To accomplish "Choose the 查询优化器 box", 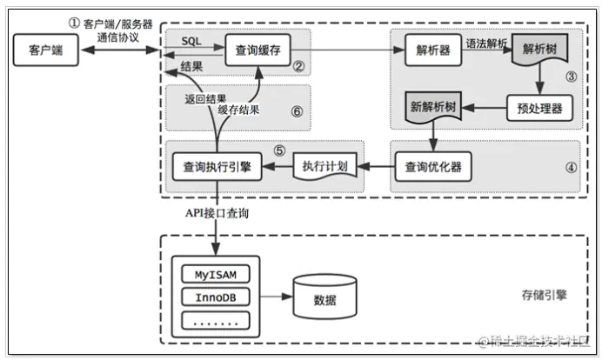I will (433, 165).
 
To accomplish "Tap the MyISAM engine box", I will (214, 276).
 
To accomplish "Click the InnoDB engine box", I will (214, 298).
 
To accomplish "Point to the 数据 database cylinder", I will (323, 298).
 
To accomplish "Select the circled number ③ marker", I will (571, 77).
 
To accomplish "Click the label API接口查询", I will (217, 212).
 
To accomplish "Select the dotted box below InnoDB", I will (214, 321).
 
